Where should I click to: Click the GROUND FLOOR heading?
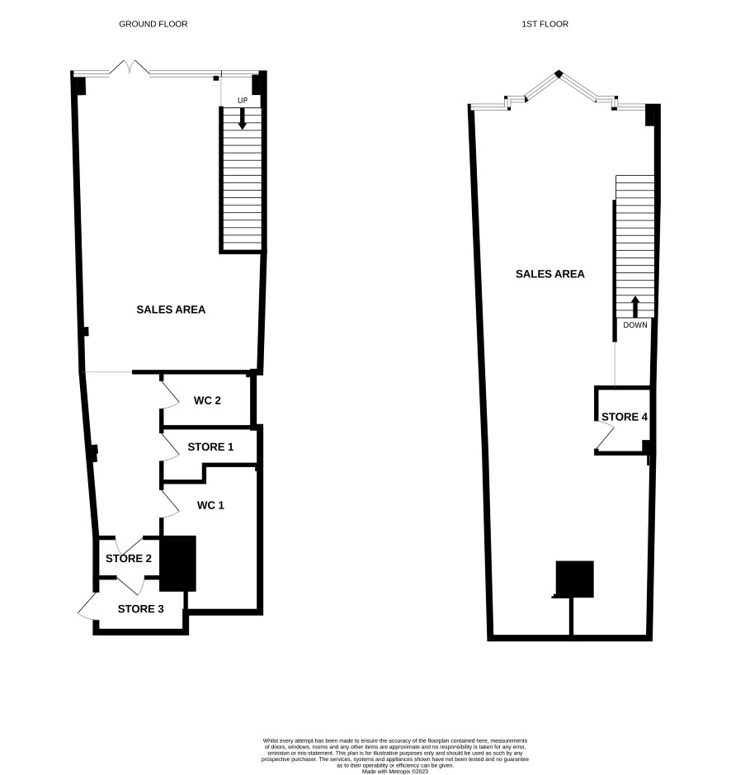(x=153, y=24)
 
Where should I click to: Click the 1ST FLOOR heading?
(x=545, y=24)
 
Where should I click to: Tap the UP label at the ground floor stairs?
(x=243, y=101)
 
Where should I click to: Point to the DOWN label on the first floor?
(x=635, y=324)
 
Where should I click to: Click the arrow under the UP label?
(x=243, y=119)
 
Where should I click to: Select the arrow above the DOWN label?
(x=635, y=307)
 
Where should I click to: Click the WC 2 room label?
(x=207, y=400)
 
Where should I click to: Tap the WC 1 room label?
(x=210, y=505)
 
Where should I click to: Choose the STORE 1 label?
(x=210, y=447)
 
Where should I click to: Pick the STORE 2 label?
(x=129, y=559)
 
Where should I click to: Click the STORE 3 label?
(x=140, y=609)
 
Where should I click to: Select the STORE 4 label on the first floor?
(x=625, y=417)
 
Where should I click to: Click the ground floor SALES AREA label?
(x=171, y=310)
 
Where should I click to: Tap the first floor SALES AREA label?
(x=550, y=274)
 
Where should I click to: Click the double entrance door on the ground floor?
(x=130, y=68)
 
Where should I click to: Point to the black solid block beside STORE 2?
(x=177, y=564)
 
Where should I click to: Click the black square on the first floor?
(x=574, y=579)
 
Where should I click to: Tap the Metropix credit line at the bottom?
(x=395, y=771)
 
